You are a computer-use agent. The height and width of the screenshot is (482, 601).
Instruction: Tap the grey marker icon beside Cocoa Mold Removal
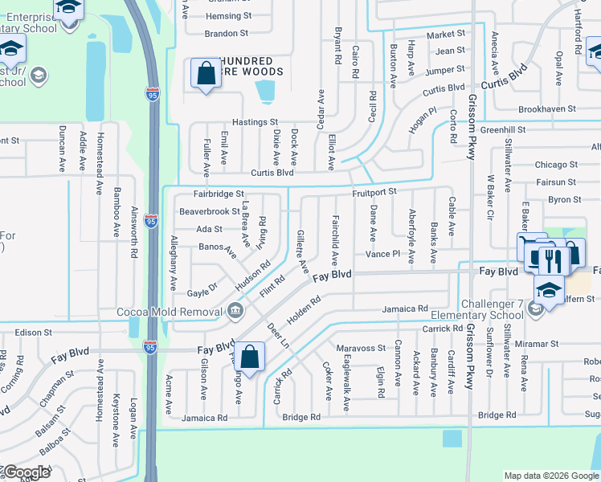click(234, 310)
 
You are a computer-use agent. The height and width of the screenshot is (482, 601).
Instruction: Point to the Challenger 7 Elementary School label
click(493, 309)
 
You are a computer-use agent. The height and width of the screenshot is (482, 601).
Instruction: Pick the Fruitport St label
click(374, 192)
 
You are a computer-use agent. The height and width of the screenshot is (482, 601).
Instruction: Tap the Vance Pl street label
click(382, 254)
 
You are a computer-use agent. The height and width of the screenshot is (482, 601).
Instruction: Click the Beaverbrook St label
click(209, 212)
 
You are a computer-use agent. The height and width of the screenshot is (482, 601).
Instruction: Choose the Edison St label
click(32, 332)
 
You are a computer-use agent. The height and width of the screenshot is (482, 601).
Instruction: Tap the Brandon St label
click(227, 34)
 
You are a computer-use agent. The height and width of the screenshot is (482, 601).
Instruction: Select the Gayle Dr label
click(202, 287)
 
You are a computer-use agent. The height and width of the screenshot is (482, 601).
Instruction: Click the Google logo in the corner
click(27, 472)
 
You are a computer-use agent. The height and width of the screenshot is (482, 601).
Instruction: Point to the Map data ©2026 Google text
click(551, 476)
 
